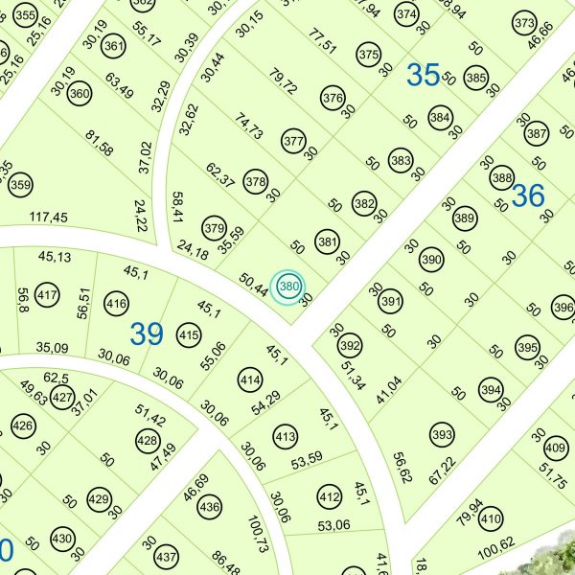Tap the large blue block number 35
click(423, 75)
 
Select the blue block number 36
click(527, 195)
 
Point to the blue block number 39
click(147, 333)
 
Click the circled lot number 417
click(46, 294)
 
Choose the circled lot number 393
click(442, 436)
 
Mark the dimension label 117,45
click(48, 218)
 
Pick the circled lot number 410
click(490, 520)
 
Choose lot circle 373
click(524, 23)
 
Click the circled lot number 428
click(148, 441)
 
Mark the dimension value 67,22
click(441, 476)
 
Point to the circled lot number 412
click(330, 496)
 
